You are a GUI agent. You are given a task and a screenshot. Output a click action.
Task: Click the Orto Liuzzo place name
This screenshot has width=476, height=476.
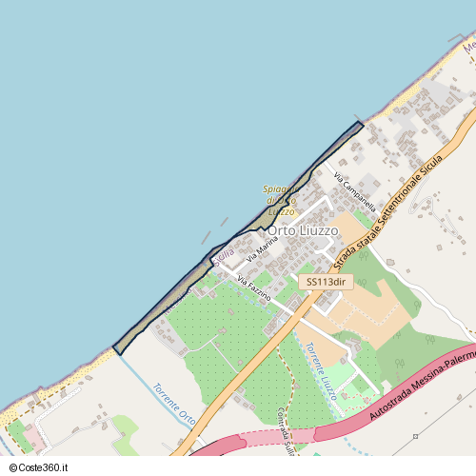302,231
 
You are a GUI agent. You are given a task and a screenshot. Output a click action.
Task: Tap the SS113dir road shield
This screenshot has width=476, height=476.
326,282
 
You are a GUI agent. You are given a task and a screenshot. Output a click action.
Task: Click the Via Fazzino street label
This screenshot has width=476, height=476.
254,289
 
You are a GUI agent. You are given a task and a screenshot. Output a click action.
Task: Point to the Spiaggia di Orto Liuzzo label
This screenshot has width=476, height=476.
280,200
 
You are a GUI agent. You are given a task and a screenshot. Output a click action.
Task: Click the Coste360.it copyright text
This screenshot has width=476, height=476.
41,467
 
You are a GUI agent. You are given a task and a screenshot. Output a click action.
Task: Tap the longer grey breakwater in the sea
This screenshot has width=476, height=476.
206,235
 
